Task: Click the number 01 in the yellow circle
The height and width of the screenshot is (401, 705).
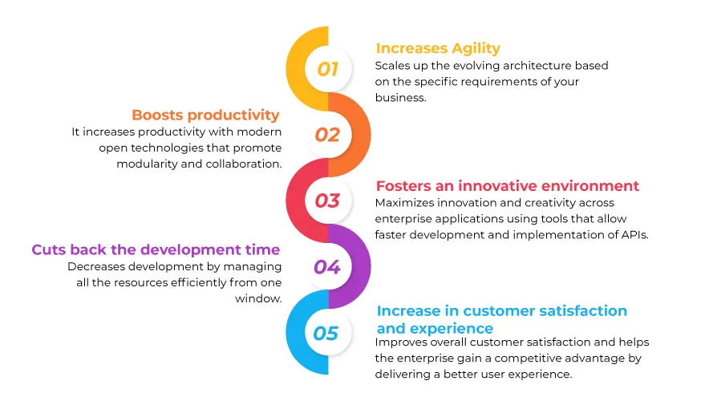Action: click(x=327, y=69)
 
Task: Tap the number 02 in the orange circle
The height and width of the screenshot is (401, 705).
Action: click(x=327, y=135)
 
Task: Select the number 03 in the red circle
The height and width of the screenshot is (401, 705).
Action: click(x=327, y=200)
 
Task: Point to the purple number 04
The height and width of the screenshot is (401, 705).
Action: click(x=327, y=267)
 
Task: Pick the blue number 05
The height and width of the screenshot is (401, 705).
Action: click(x=326, y=334)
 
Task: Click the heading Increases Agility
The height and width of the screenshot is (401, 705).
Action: click(x=438, y=49)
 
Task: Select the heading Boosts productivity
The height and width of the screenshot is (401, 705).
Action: click(x=205, y=115)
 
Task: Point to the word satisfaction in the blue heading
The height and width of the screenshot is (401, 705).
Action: click(x=583, y=310)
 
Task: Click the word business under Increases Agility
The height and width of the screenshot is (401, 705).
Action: click(x=399, y=98)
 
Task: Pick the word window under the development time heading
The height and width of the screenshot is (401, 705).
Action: click(x=257, y=298)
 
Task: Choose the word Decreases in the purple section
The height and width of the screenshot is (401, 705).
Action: click(x=97, y=266)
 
